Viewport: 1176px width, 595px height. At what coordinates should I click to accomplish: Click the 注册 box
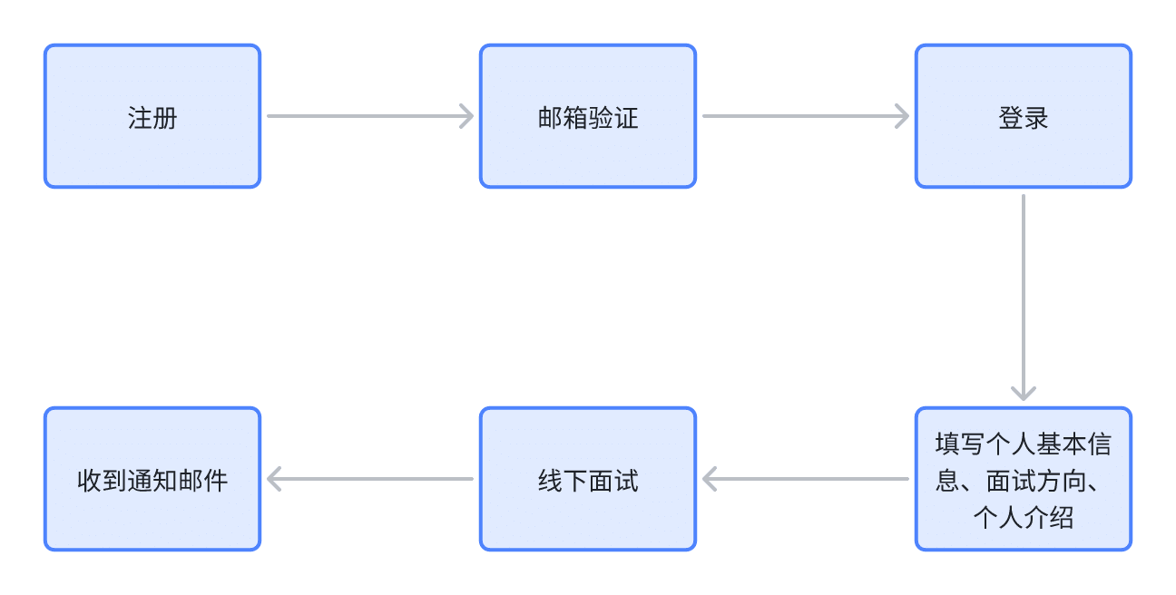point(152,116)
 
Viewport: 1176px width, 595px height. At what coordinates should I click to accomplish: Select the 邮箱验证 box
point(588,116)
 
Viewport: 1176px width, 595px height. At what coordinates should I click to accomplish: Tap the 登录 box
point(1024,116)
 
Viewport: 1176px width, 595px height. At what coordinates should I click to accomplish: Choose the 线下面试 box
point(588,479)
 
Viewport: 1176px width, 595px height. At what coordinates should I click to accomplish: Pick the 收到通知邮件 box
point(152,479)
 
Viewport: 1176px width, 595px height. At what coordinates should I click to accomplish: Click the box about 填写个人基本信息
point(1024,479)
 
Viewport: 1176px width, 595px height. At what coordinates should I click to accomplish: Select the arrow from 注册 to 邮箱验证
point(370,116)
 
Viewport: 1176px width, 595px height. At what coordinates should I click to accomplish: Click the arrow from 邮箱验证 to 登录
point(806,116)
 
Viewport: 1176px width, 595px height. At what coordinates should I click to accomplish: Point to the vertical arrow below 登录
point(1024,297)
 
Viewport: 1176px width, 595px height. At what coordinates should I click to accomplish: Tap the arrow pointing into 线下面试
point(806,479)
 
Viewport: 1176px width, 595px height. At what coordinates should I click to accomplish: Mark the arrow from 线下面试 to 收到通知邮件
point(370,479)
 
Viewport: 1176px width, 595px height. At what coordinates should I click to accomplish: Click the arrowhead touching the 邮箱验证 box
point(466,116)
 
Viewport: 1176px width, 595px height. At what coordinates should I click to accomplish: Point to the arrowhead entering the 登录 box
point(903,116)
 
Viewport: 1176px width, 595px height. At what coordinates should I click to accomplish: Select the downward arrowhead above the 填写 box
point(1024,394)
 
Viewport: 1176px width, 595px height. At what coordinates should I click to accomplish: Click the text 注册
point(152,118)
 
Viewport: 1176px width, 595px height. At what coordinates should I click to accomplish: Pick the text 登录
point(1024,118)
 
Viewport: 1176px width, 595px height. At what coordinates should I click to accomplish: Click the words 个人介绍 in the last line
point(1024,518)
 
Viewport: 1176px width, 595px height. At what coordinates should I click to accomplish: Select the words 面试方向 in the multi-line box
point(1036,481)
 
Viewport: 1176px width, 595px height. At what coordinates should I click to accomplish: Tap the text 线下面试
point(588,481)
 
